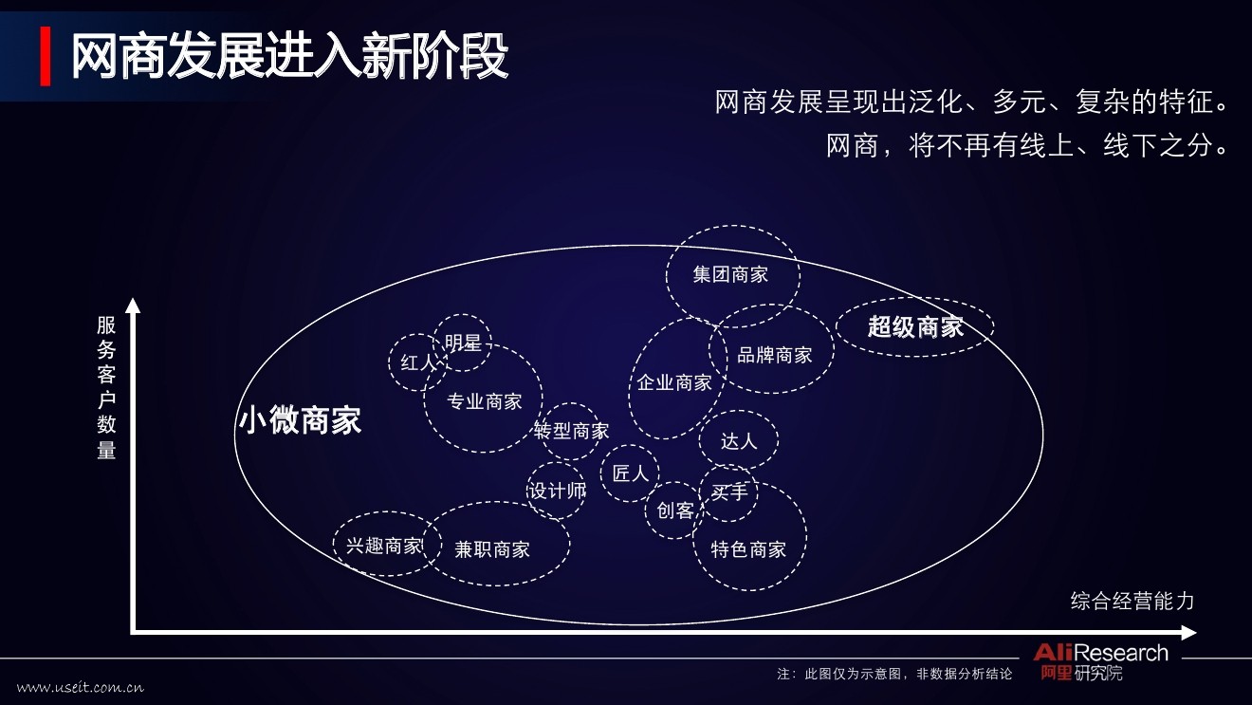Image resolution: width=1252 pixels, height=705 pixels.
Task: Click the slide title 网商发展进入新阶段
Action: coord(289,57)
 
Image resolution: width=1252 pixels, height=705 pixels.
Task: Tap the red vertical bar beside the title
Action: coord(46,57)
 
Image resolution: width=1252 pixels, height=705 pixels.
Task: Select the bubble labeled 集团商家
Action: coord(730,274)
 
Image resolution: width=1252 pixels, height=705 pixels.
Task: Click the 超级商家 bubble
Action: coord(915,327)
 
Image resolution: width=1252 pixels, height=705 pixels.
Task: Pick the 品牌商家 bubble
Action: coord(775,355)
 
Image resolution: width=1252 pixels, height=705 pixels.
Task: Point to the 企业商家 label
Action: coord(674,382)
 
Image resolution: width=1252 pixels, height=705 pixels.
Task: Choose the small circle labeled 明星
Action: coord(463,342)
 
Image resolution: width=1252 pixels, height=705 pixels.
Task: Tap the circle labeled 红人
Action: coord(417,362)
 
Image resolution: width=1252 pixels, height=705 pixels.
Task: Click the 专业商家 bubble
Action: coord(484,401)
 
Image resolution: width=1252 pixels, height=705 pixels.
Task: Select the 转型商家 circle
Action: coord(571,431)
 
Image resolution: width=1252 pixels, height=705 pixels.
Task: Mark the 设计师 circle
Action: coord(557,491)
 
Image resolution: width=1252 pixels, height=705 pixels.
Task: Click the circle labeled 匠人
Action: coord(630,473)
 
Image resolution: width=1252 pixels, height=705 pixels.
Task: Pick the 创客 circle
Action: coord(674,510)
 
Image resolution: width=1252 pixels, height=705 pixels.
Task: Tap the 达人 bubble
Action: coord(739,441)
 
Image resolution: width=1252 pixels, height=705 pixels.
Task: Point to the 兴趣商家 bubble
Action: coord(384,546)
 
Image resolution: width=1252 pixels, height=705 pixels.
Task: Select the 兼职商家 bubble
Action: coord(493,548)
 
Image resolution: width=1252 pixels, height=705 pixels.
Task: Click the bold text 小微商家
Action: coord(300,420)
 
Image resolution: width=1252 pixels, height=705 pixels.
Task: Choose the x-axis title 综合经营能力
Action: coord(1132,601)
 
